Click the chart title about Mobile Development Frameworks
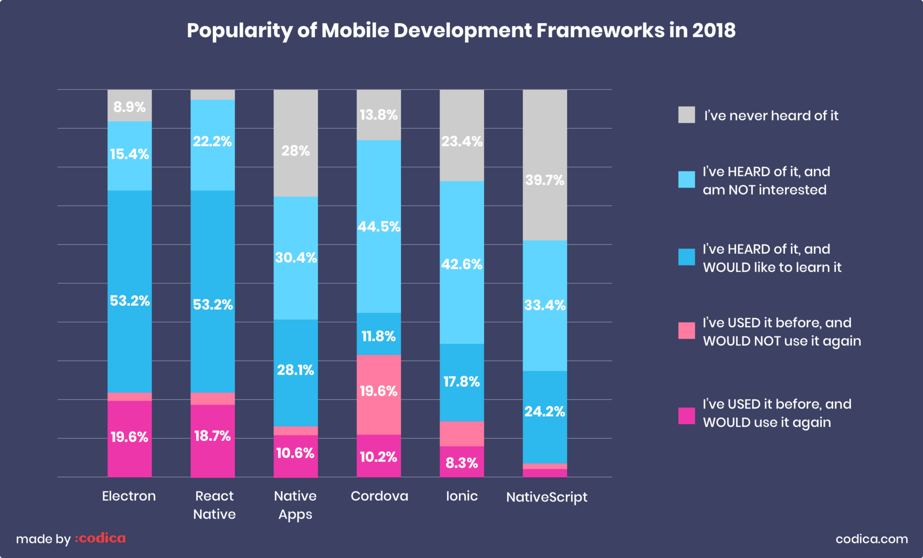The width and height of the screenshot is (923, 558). [x=461, y=31]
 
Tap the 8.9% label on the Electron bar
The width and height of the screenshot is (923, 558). [x=129, y=107]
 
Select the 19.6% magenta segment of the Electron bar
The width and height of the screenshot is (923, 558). [x=129, y=437]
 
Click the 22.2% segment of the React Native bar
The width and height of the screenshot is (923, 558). [x=212, y=142]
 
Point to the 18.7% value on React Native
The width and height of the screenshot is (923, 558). [x=212, y=436]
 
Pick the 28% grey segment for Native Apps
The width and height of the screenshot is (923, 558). [x=295, y=151]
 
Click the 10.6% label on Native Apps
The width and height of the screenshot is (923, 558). [x=295, y=454]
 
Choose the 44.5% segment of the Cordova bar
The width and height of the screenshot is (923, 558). [x=378, y=227]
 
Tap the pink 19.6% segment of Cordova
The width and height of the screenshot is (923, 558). [x=378, y=392]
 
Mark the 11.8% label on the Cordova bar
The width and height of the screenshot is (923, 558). [x=378, y=336]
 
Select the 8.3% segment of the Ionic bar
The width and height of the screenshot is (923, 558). [x=461, y=463]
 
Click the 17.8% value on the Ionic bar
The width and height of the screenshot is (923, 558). [x=461, y=382]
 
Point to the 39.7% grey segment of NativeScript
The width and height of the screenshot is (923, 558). [x=545, y=180]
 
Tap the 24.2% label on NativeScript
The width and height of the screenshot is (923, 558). [x=545, y=412]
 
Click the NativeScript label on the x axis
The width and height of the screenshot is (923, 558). [x=546, y=497]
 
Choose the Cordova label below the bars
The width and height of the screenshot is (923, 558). [x=379, y=496]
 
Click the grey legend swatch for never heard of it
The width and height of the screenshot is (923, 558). [x=686, y=115]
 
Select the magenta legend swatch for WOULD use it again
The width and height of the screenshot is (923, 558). [x=686, y=416]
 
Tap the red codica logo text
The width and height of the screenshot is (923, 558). [x=100, y=538]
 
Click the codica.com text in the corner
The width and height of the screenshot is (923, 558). [x=871, y=539]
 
